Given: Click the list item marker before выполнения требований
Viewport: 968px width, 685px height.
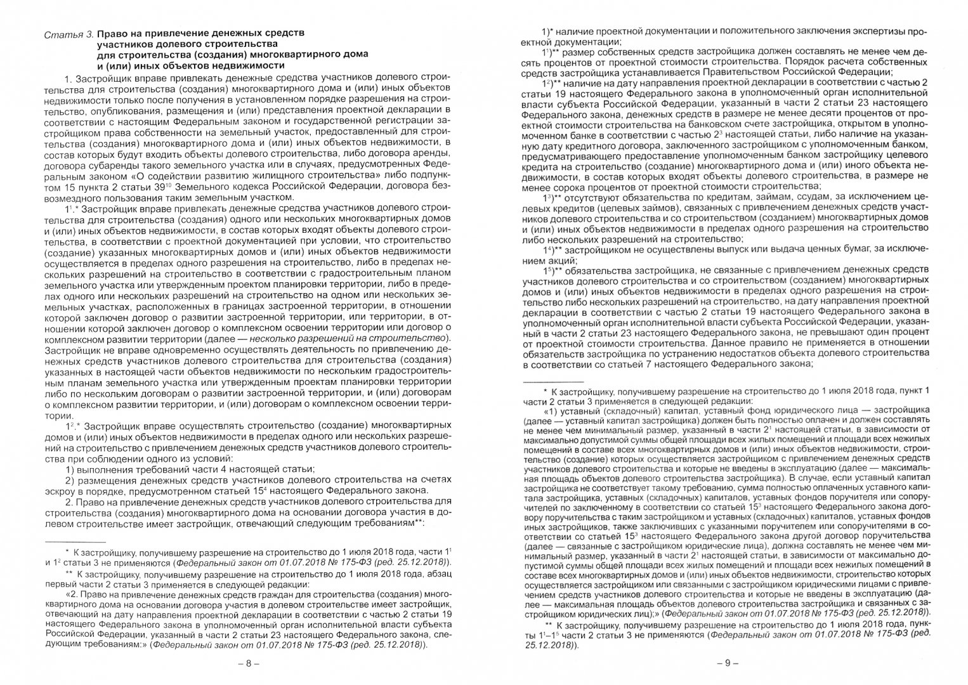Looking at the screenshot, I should click(x=72, y=469).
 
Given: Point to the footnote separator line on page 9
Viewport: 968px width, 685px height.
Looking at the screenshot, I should click(x=560, y=382).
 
